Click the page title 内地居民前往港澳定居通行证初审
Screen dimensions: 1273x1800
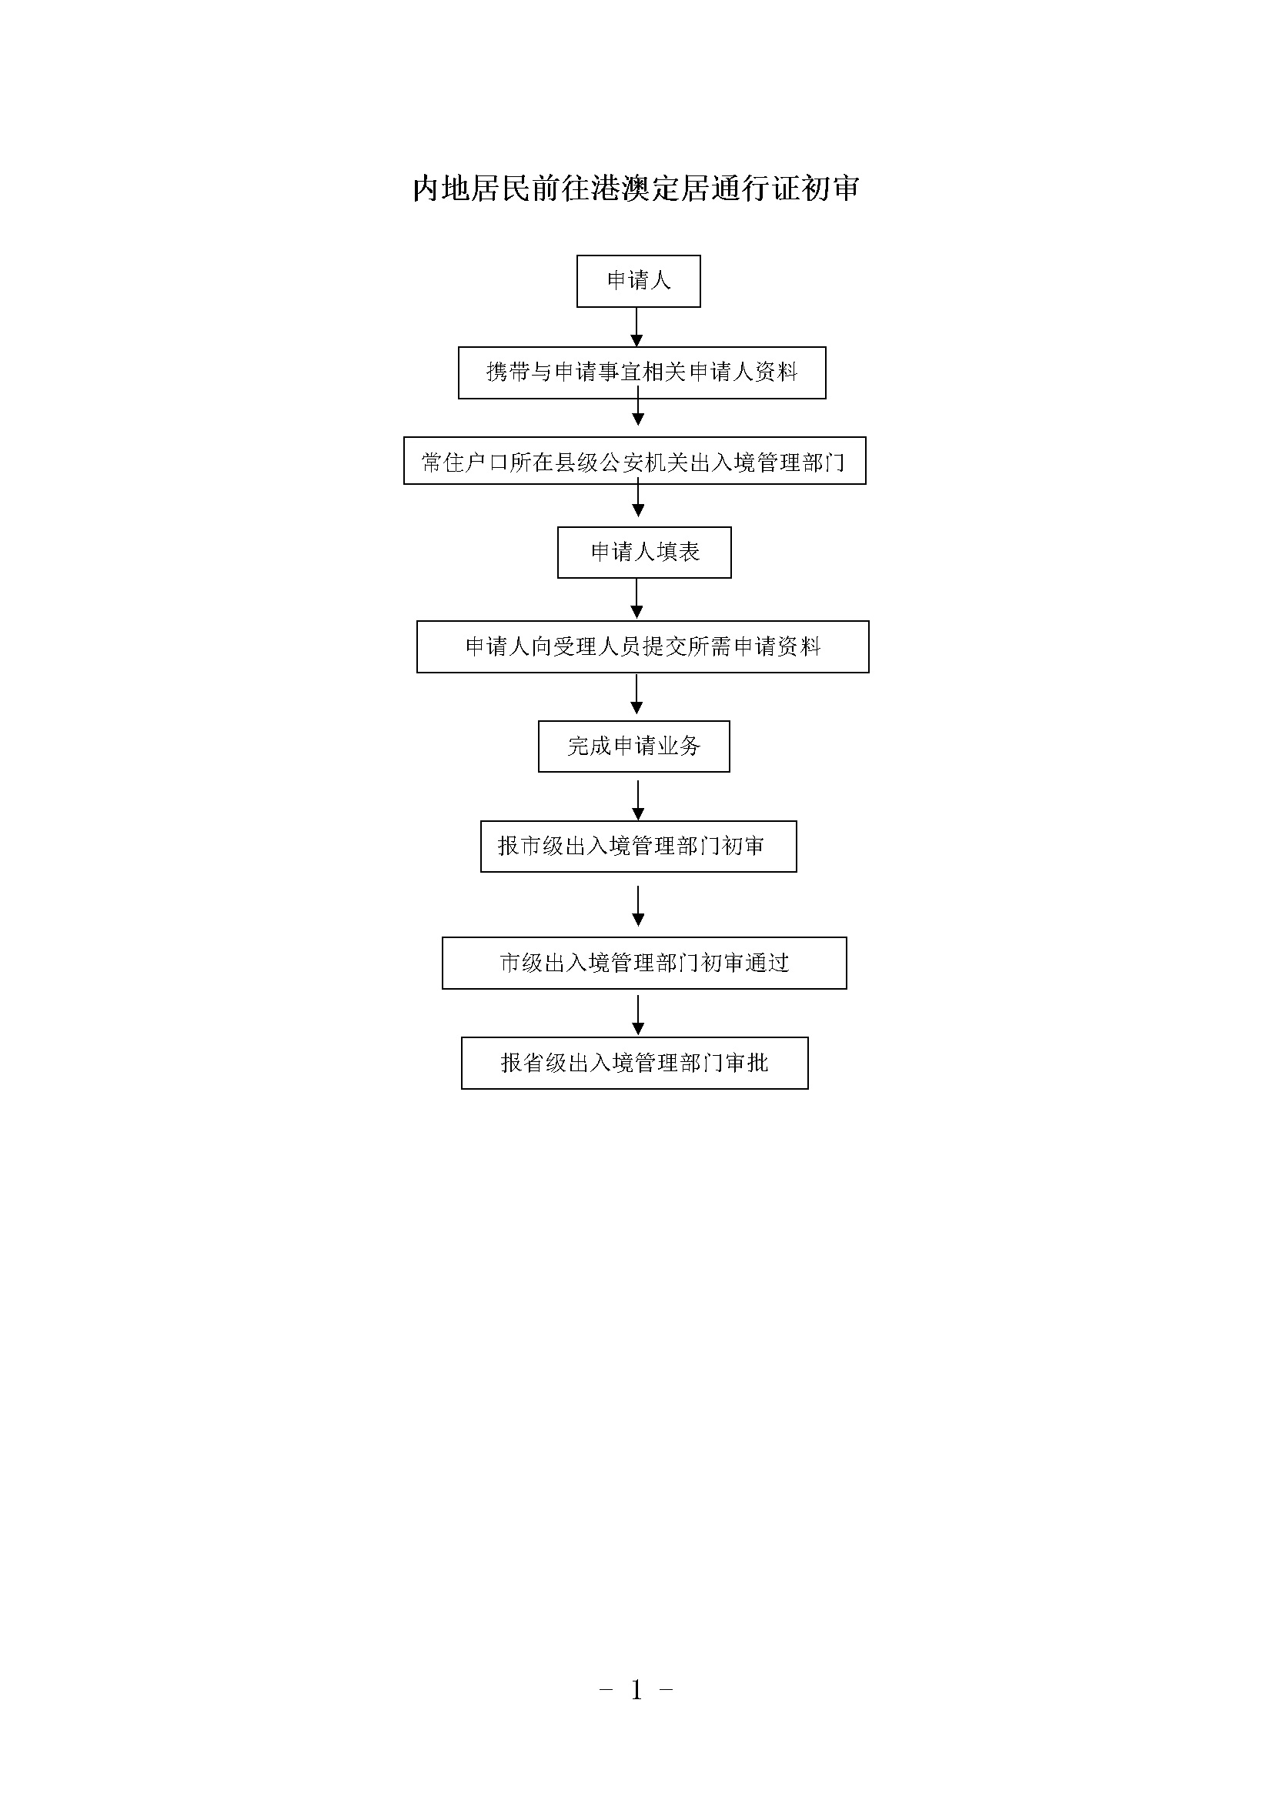coord(636,188)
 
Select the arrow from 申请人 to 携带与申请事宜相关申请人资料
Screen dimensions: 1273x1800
coord(636,327)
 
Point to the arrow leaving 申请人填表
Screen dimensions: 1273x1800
coord(636,599)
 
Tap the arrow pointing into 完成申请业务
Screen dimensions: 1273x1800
coord(636,695)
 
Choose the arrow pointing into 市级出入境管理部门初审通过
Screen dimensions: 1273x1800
coord(638,907)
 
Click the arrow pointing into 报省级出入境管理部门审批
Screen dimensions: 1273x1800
coord(638,1015)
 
